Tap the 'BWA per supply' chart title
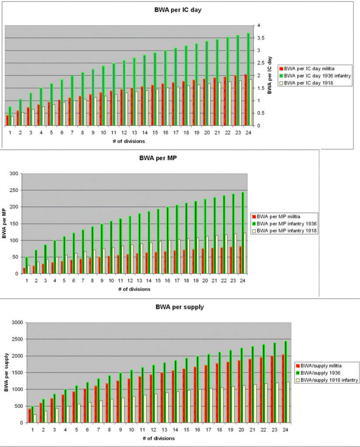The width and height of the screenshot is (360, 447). point(179,307)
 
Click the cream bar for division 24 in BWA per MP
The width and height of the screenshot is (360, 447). point(246,253)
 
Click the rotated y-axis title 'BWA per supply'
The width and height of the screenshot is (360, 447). point(7,372)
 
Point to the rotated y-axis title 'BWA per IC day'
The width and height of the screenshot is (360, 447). point(270,76)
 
